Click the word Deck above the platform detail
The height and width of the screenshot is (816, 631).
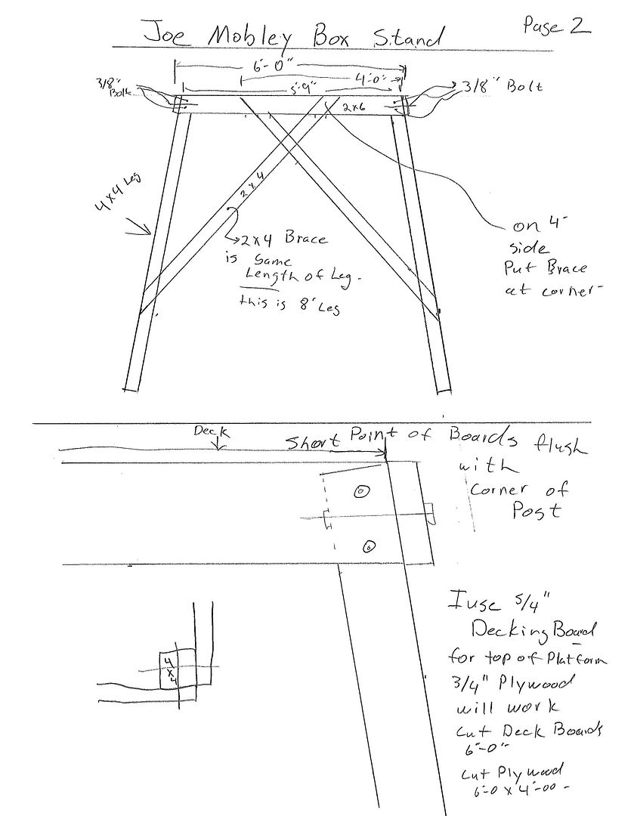point(205,430)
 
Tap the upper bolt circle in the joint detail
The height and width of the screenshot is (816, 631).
point(362,491)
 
